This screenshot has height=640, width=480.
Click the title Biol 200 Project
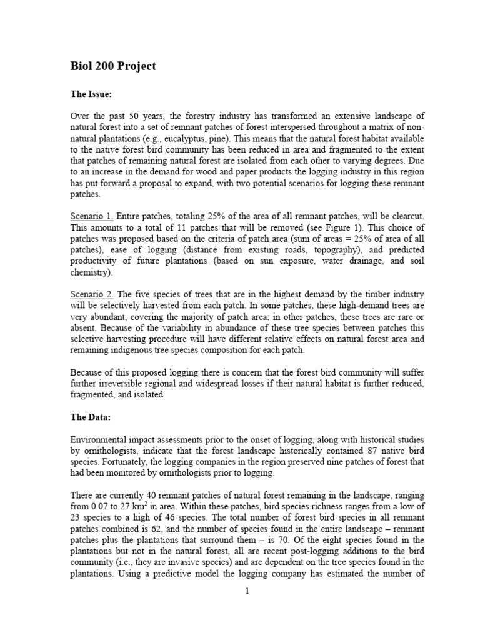[112, 66]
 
